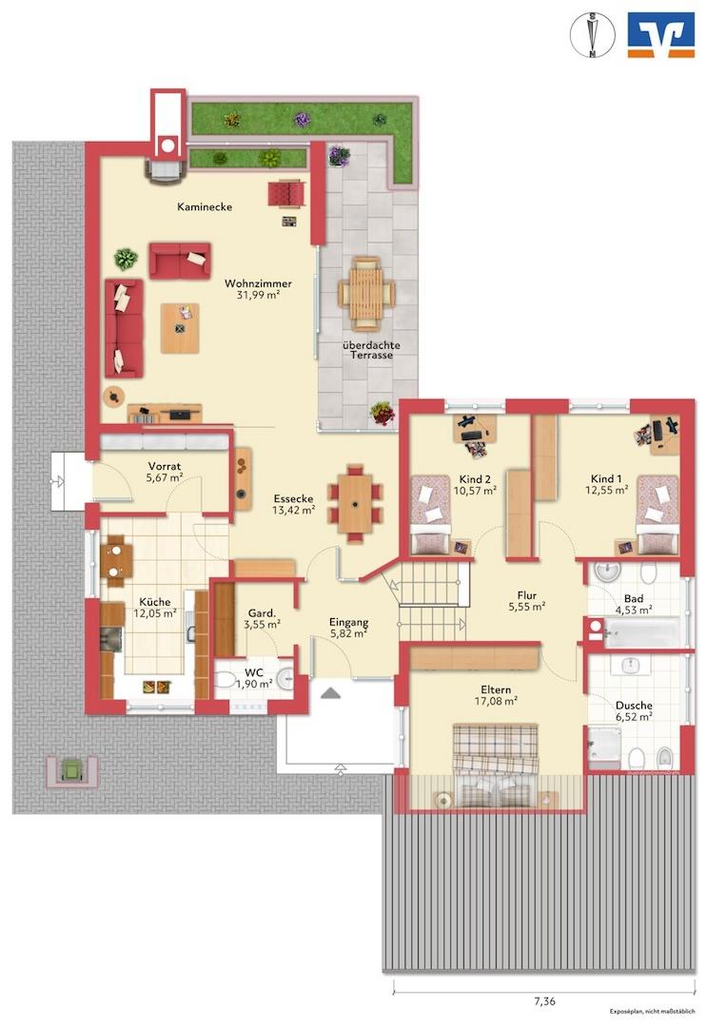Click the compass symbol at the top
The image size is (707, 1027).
pyautogui.click(x=592, y=35)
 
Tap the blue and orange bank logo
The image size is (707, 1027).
pyautogui.click(x=660, y=35)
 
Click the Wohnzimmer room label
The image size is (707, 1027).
pyautogui.click(x=258, y=283)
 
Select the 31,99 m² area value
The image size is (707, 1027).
pyautogui.click(x=258, y=296)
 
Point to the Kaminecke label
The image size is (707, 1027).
pyautogui.click(x=205, y=207)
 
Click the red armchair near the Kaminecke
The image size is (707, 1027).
pyautogui.click(x=285, y=194)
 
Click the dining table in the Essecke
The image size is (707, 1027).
pyautogui.click(x=356, y=504)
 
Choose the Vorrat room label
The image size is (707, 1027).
pyautogui.click(x=164, y=466)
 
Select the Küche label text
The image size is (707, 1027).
pyautogui.click(x=155, y=602)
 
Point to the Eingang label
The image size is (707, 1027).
pyautogui.click(x=348, y=623)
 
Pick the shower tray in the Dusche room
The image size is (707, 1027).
pyautogui.click(x=603, y=746)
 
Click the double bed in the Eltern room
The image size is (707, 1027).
pyautogui.click(x=496, y=765)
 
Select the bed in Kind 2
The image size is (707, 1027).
pyautogui.click(x=430, y=514)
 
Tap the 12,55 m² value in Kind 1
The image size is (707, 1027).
pyautogui.click(x=607, y=490)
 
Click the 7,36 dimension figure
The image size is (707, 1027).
pyautogui.click(x=544, y=1000)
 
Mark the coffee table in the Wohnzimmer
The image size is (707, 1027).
pyautogui.click(x=180, y=328)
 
